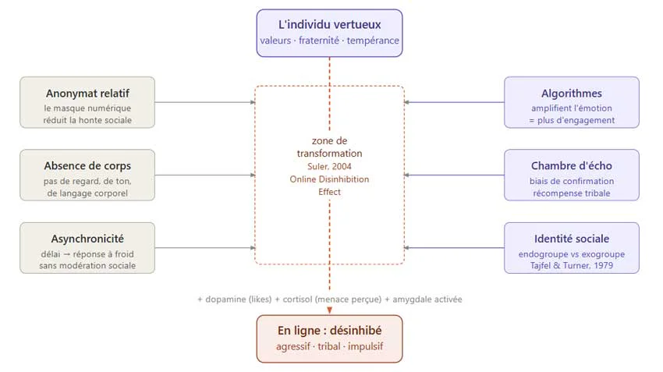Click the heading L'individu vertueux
click(x=329, y=24)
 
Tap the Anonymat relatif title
click(x=87, y=93)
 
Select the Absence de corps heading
click(x=87, y=165)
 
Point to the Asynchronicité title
click(x=87, y=239)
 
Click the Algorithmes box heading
click(x=572, y=93)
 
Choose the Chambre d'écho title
click(x=572, y=165)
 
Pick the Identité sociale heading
click(x=572, y=239)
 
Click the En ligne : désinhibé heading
click(x=329, y=330)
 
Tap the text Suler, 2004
click(x=329, y=166)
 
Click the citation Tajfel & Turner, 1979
click(x=572, y=266)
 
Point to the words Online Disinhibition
click(x=329, y=179)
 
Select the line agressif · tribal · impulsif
click(x=329, y=346)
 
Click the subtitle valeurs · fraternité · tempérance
click(x=329, y=40)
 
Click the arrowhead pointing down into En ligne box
click(x=329, y=310)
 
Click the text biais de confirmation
click(x=572, y=181)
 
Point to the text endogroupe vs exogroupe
click(x=572, y=254)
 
